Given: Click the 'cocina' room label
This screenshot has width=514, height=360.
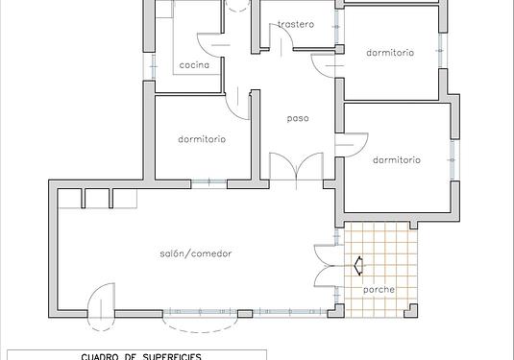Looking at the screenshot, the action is pos(194,65).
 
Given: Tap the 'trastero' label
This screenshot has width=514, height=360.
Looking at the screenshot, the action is pos(296,24).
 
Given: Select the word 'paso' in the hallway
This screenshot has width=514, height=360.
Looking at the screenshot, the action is pos(298,118).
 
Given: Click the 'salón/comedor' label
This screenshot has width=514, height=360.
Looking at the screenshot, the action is pos(196,253).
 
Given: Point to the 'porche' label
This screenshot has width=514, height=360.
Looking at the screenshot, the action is pos(379,290).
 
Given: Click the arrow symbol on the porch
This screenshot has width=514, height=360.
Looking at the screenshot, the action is pos(358,265).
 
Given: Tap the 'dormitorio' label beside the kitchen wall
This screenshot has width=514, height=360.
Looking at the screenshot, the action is pos(202,139).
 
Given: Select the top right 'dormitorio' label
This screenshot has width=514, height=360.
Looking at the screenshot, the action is pos(390,53).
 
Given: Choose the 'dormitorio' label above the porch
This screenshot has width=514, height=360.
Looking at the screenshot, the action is pos(397,160).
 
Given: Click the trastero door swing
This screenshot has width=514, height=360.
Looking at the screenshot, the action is pos(281,37).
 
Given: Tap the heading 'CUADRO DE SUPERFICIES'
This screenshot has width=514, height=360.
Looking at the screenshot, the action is pos(141,356).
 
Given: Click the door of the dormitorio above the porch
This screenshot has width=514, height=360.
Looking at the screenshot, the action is pos(352,145).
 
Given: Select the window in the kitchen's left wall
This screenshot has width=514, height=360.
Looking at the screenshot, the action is pos(153,66).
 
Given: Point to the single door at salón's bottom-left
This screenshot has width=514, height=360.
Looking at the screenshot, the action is pos(101,306).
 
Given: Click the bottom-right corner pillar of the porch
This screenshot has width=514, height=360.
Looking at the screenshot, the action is pos(411,310).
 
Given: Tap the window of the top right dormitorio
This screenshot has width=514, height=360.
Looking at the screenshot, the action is pos(440,51).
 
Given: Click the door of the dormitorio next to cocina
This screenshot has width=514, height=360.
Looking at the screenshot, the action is pos(237,102).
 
